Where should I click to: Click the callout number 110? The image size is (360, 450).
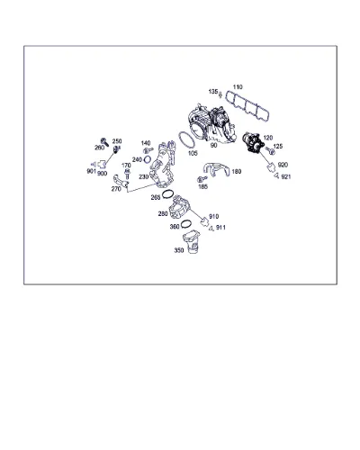point(238,87)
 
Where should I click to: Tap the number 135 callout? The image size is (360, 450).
point(213,92)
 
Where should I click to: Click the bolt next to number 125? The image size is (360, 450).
point(270,150)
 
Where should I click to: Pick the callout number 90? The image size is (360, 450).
point(213,145)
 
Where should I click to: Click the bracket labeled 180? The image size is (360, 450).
point(216,170)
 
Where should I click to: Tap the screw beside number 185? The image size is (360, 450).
point(202,179)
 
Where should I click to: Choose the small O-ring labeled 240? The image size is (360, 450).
point(148,159)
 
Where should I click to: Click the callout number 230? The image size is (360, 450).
point(144,176)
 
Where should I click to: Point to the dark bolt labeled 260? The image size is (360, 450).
point(104,141)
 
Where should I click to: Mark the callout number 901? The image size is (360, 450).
point(91,171)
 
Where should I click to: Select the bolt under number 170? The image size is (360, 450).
point(127,175)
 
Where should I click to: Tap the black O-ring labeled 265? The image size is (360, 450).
point(167,194)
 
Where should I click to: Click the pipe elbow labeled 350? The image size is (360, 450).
point(191,242)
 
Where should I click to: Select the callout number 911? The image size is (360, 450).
point(220,228)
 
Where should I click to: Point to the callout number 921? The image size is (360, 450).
point(286,176)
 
